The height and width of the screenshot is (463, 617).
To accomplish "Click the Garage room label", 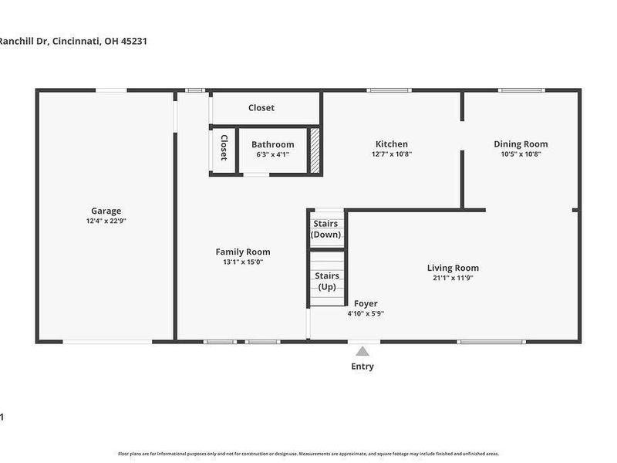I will click(106, 211).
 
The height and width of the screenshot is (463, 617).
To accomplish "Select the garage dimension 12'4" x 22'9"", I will click(106, 221).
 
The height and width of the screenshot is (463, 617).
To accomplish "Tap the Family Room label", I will click(242, 252).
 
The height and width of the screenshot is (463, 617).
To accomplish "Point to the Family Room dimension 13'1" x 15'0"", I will click(242, 262).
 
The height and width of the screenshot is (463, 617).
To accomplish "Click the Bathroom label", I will click(272, 144).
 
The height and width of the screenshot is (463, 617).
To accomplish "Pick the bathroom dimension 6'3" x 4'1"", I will click(272, 154).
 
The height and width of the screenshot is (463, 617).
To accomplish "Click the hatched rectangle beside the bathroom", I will click(315, 150).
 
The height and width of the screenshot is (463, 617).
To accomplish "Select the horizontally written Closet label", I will click(261, 108).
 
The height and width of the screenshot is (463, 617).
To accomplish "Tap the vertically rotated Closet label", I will click(224, 147).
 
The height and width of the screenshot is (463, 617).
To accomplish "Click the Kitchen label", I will click(391, 144).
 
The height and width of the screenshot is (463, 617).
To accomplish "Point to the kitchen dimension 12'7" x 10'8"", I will click(391, 154).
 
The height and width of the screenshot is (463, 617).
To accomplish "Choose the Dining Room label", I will click(521, 144).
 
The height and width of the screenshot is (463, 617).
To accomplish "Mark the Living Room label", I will click(453, 268).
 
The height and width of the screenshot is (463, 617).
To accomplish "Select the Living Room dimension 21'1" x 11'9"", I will click(453, 278).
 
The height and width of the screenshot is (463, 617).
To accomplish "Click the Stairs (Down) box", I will click(325, 229).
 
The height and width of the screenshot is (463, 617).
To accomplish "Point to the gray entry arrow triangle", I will click(362, 351).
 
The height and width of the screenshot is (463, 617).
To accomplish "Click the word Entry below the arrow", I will click(362, 367).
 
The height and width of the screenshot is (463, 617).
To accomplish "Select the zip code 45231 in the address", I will click(132, 42).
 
